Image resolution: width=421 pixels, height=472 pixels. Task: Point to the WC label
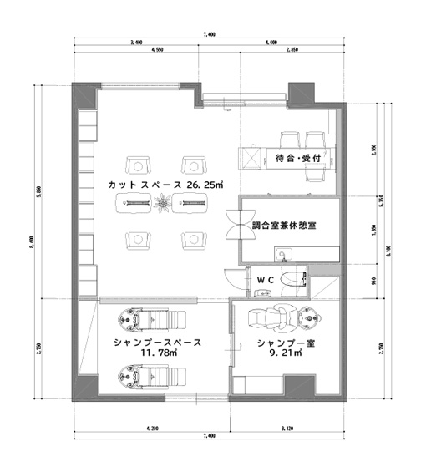265,279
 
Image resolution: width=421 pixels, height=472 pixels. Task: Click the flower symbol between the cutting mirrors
161,201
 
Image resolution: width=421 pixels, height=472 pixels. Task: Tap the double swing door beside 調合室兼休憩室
231,225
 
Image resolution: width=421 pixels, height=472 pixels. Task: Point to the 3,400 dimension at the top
135,42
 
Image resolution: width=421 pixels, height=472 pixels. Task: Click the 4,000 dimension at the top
271,42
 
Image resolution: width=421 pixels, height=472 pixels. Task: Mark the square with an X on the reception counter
249,157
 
